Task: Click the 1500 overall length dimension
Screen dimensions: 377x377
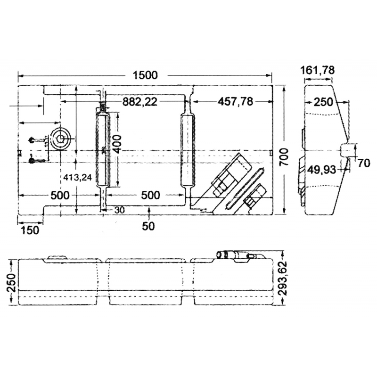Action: (x=145, y=75)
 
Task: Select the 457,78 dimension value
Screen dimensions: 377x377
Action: (x=236, y=101)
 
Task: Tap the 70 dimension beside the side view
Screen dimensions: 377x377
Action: (x=363, y=164)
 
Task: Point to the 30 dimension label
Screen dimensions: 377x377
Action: (x=120, y=211)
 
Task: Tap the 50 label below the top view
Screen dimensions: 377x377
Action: (x=148, y=227)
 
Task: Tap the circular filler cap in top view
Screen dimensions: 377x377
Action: (x=61, y=138)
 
